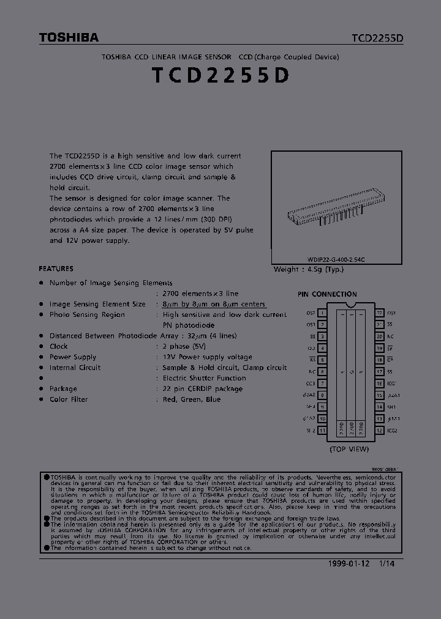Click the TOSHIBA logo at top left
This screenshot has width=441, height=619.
69,38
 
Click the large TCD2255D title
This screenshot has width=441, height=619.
220,76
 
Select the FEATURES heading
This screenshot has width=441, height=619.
56,269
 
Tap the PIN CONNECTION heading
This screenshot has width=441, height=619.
327,294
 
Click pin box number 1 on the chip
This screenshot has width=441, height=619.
322,313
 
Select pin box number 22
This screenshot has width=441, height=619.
380,313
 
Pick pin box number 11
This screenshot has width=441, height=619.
322,431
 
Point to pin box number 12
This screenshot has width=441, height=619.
380,431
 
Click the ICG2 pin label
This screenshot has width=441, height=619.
393,431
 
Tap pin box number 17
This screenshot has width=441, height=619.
380,372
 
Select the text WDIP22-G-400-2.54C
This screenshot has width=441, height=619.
336,260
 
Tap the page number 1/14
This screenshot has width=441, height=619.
386,563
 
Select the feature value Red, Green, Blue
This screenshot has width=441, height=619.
192,399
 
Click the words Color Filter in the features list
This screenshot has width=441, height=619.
69,399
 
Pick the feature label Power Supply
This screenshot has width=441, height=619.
73,357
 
